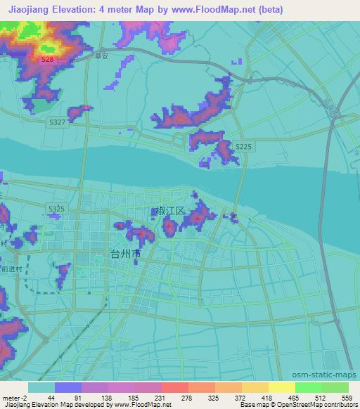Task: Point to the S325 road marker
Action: tap(57, 209)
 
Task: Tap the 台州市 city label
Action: tap(126, 253)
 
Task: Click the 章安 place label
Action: tap(103, 58)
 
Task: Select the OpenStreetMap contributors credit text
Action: tap(326, 405)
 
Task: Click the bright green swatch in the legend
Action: tap(309, 387)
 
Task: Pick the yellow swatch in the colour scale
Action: tap(281, 387)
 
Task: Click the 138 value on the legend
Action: tap(106, 398)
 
